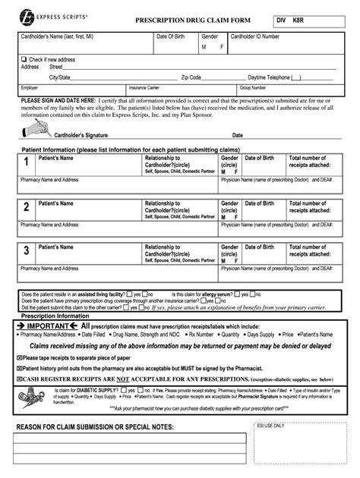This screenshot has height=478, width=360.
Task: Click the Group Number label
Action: [x=252, y=87]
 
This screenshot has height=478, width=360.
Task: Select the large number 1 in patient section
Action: [x=26, y=162]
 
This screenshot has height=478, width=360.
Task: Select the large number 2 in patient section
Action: [x=26, y=206]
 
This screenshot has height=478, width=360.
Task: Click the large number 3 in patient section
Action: [x=26, y=250]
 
